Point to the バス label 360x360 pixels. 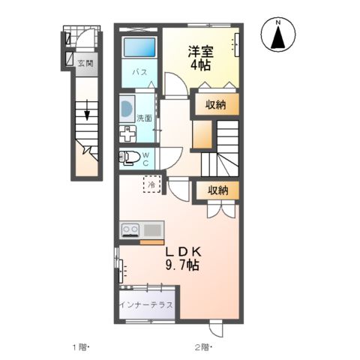(139, 73)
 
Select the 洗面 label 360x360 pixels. (144, 118)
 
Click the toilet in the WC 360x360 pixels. (130, 157)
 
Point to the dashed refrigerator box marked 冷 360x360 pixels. (151, 184)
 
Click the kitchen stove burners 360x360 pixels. (130, 229)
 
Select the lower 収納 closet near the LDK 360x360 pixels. (217, 190)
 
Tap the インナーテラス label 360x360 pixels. (146, 305)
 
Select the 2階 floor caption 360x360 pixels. (203, 346)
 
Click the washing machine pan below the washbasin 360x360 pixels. (126, 133)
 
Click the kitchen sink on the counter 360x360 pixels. (152, 229)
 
